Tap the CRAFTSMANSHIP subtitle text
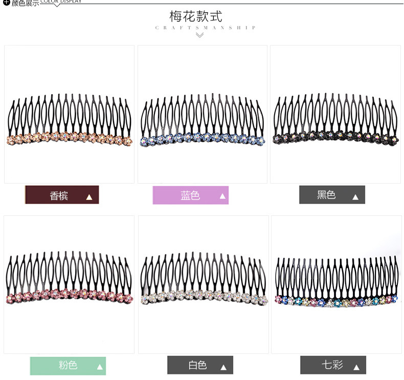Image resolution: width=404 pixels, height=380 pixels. [205, 28]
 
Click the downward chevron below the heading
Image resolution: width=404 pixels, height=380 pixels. [199, 35]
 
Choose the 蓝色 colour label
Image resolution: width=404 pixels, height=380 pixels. [190, 195]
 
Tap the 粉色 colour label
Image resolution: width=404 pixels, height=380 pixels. [68, 366]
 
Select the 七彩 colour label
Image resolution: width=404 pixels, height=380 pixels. [333, 365]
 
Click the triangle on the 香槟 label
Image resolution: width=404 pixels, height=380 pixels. [89, 197]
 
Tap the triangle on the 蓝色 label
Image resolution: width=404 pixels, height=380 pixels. [222, 196]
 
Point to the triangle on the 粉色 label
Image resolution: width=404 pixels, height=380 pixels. [100, 367]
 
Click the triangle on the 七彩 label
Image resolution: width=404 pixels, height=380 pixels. [356, 367]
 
